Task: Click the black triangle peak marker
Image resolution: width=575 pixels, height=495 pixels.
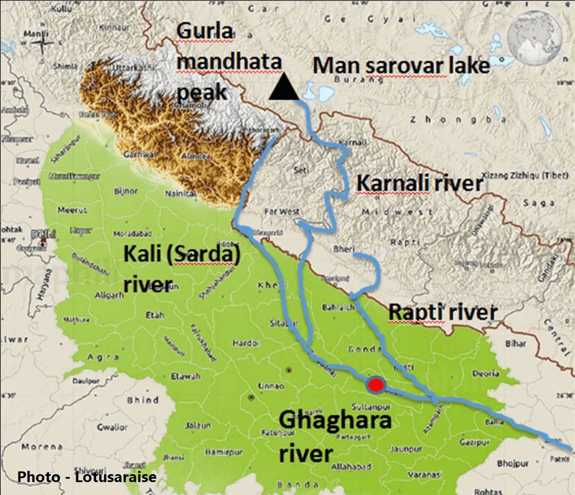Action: [284, 88]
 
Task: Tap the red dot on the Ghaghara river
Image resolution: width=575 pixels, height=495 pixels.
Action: [376, 385]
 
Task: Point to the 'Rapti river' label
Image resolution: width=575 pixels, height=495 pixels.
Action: [443, 312]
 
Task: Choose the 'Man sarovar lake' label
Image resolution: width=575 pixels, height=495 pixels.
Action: [401, 65]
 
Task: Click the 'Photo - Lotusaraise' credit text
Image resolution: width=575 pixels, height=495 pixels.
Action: [87, 477]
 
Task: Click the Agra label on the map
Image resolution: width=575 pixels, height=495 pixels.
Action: [103, 357]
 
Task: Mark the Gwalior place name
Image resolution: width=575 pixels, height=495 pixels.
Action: [113, 426]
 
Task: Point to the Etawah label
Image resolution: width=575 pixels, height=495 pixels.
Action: [185, 376]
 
